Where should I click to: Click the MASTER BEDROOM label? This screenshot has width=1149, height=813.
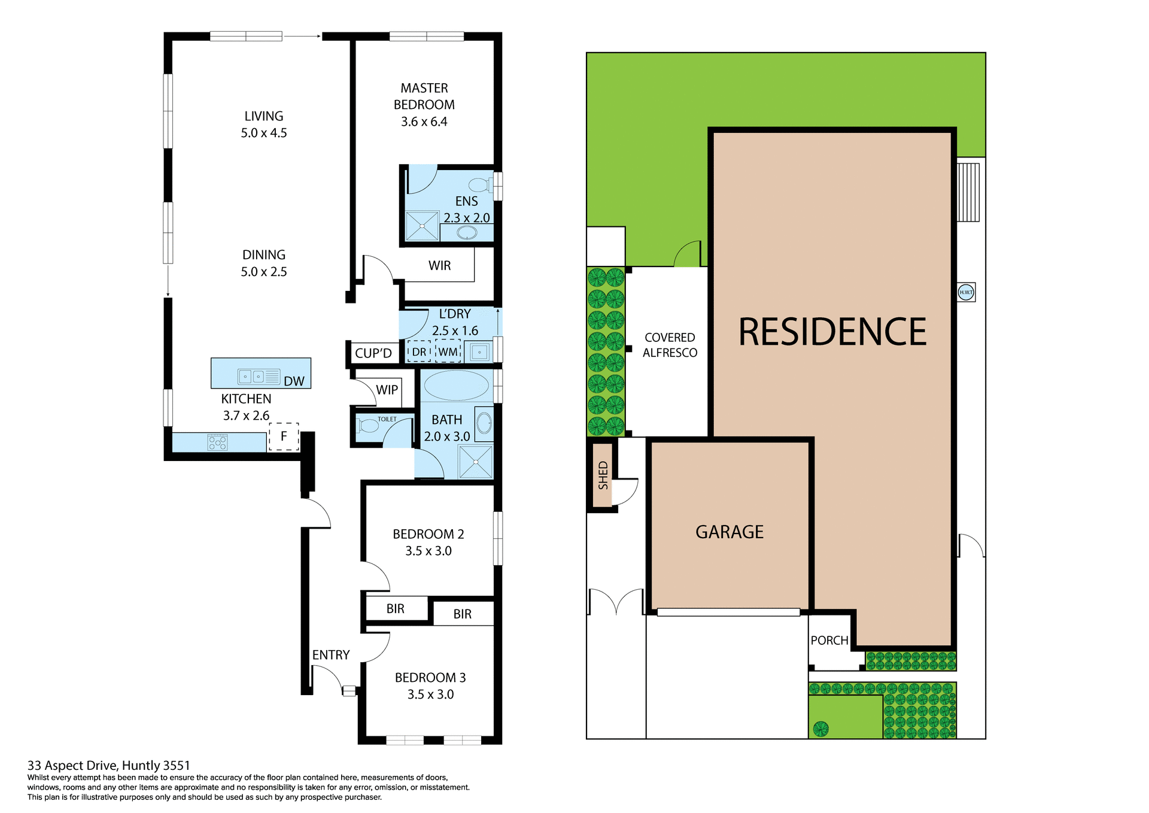424,104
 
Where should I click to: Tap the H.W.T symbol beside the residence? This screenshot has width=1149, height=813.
966,292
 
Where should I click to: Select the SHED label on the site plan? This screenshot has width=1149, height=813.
603,475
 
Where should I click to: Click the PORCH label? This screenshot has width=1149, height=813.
829,640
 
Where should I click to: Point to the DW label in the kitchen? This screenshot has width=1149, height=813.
294,381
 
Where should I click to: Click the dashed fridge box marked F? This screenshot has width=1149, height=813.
284,436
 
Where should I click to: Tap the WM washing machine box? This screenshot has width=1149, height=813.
448,352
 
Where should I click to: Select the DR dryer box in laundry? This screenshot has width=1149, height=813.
419,352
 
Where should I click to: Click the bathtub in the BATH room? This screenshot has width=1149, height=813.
456,386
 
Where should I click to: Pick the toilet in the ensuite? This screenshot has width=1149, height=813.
479,184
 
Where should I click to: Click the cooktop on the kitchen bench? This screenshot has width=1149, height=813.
217,443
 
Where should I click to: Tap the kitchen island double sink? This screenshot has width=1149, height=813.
252,377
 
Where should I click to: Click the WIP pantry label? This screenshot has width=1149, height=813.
387,390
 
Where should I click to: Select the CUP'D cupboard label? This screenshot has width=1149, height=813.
373,353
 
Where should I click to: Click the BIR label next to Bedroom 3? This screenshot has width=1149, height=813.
462,614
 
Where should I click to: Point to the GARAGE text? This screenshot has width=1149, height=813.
729,532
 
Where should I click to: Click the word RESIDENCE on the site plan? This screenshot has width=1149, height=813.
832,332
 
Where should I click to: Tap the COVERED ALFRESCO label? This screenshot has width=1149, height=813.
670,345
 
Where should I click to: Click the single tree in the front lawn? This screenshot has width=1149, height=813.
820,729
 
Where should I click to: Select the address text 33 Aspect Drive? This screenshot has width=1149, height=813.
108,765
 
